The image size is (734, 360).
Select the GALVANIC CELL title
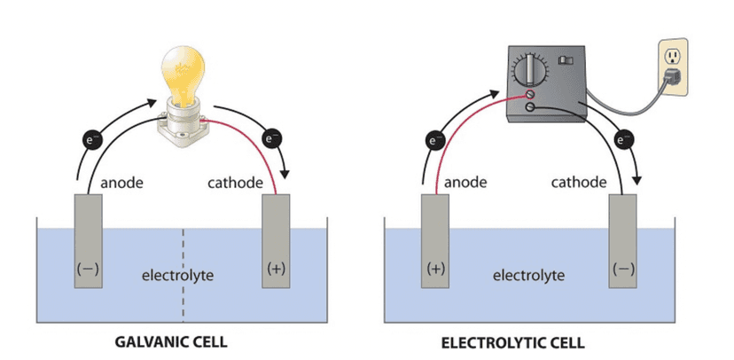click(175, 340)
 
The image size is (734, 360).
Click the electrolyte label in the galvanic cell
click(177, 276)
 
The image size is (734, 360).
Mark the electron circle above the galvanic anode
click(91, 139)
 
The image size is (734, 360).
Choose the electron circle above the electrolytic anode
click(435, 139)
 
